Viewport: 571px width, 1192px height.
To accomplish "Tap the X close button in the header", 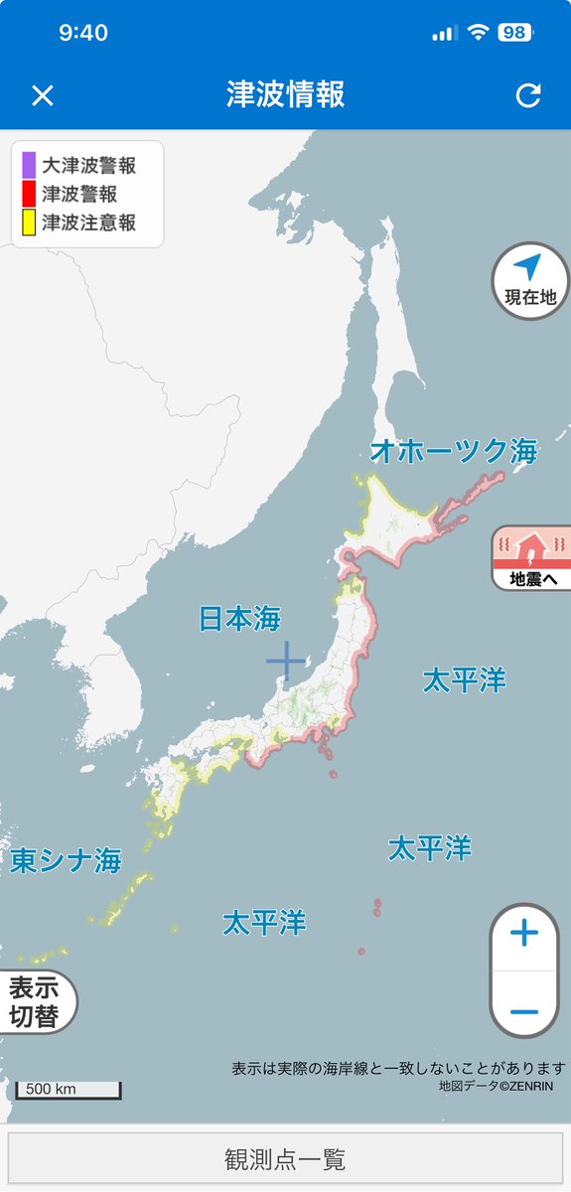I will [42, 95].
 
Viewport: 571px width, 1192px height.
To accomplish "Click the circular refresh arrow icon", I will [528, 95].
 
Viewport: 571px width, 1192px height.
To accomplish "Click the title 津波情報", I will [285, 95].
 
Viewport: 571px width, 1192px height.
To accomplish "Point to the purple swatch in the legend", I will [29, 165].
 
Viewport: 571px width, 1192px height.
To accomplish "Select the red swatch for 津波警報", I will [29, 194].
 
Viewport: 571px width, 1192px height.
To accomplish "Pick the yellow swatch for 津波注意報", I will [29, 223].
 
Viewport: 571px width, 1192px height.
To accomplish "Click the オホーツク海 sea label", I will [453, 452].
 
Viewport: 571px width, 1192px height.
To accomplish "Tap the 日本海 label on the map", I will [239, 620].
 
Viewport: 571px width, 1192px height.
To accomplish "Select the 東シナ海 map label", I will [66, 860].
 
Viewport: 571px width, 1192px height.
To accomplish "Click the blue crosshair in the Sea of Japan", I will [286, 661].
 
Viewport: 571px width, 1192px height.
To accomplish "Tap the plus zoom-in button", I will [523, 934].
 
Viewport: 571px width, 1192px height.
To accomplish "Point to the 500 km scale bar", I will [68, 1090].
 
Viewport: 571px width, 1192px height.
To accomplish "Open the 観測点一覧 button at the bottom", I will [285, 1159].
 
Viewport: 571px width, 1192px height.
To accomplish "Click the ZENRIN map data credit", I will [497, 1086].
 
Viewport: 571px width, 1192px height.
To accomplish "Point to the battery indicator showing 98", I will [513, 32].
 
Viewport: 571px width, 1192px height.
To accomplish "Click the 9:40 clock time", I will [83, 33].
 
